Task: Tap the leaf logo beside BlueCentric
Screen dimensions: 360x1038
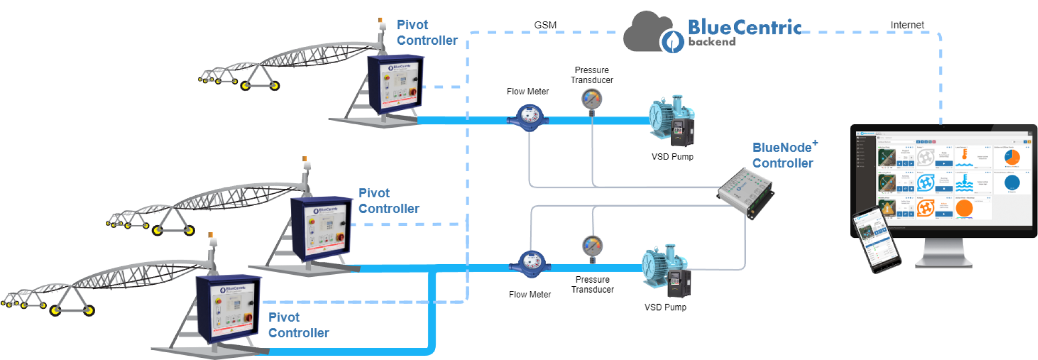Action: (x=672, y=42)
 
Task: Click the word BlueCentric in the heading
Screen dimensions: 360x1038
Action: (x=744, y=27)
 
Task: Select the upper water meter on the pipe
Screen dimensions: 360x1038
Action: (x=528, y=117)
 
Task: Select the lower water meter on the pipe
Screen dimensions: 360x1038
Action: (x=530, y=263)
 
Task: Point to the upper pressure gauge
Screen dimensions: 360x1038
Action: (x=592, y=98)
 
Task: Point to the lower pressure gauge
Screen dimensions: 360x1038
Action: (x=592, y=246)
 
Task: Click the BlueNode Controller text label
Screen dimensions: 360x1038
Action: (x=783, y=155)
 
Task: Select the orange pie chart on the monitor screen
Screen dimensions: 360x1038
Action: (x=1012, y=157)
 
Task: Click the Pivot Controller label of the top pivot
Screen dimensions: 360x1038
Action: (x=427, y=32)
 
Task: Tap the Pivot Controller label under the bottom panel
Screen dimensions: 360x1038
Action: (x=298, y=325)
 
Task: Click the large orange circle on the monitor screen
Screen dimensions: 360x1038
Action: (x=964, y=208)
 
